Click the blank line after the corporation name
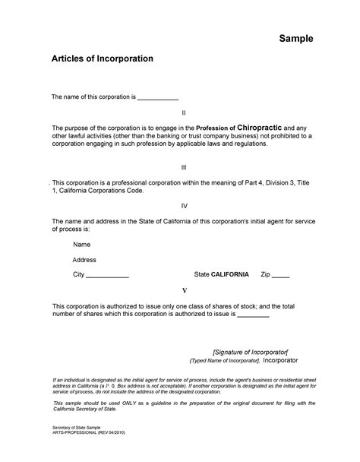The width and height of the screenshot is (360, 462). pyautogui.click(x=157, y=98)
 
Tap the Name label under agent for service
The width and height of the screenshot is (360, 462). pyautogui.click(x=82, y=245)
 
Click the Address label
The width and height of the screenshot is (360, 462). pyautogui.click(x=84, y=259)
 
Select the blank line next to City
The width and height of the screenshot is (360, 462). pyautogui.click(x=108, y=275)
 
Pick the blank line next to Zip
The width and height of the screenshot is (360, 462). pyautogui.click(x=281, y=275)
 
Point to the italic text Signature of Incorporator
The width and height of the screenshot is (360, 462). pyautogui.click(x=250, y=352)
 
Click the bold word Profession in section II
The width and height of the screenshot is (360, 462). pyautogui.click(x=216, y=128)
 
